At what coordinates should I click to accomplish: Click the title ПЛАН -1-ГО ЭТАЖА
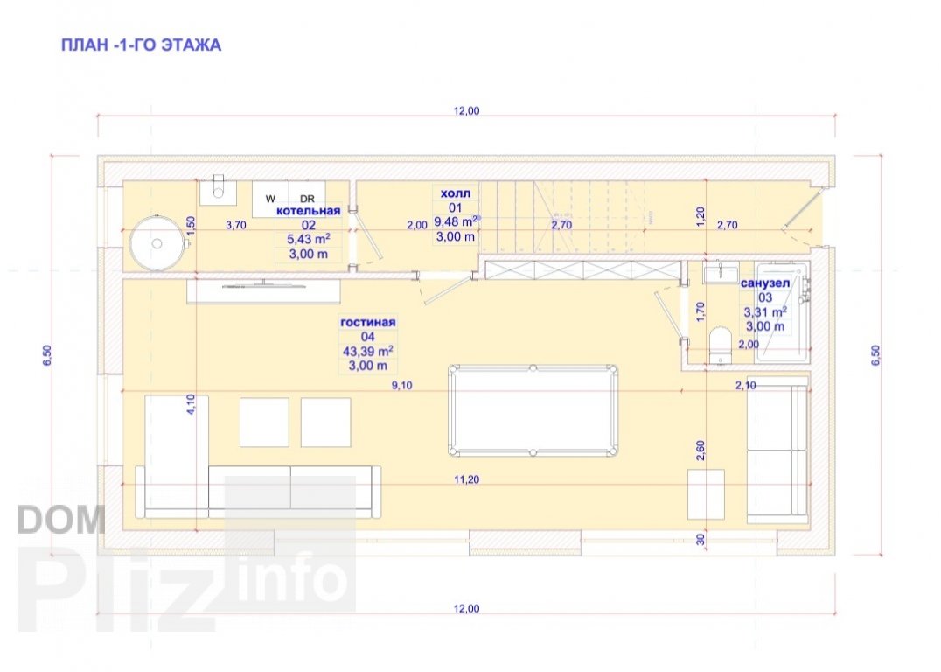(x=141, y=45)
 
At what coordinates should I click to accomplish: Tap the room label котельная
(x=309, y=211)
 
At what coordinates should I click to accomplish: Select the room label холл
(x=456, y=193)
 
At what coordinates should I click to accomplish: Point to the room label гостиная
(x=368, y=323)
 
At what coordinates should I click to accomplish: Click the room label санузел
(x=765, y=283)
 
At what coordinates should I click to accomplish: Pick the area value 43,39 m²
(x=368, y=352)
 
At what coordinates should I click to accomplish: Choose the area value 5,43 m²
(x=309, y=240)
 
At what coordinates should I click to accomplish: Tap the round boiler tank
(x=156, y=243)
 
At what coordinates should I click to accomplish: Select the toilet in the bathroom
(x=719, y=346)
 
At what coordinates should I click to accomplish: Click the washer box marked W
(x=270, y=199)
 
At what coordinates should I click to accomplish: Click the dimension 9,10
(x=402, y=386)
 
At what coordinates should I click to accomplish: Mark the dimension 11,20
(x=466, y=479)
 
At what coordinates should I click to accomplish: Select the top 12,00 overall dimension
(x=466, y=110)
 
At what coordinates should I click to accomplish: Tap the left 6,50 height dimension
(x=47, y=354)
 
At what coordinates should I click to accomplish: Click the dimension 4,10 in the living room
(x=191, y=404)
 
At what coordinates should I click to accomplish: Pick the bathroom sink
(x=721, y=272)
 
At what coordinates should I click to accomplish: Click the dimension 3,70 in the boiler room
(x=236, y=225)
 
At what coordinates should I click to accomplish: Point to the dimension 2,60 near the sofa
(x=701, y=451)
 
